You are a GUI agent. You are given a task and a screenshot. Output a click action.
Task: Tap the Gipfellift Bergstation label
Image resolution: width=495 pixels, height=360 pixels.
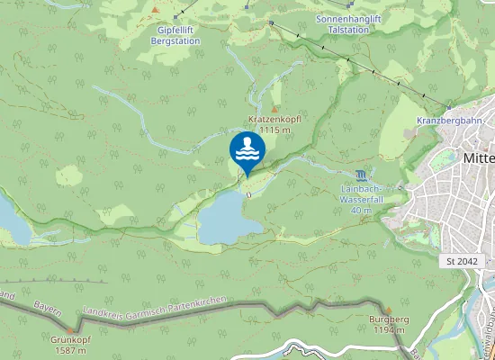click(x=173, y=35)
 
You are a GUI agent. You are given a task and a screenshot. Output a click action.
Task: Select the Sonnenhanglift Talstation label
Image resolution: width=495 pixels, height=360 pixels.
click(x=343, y=24)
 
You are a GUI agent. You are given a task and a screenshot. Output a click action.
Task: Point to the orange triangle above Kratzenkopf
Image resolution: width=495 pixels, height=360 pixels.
click(x=274, y=109)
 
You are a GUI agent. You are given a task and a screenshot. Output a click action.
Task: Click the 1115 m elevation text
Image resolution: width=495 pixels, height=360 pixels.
click(x=274, y=130)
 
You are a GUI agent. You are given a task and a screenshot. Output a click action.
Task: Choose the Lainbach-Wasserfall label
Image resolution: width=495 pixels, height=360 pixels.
click(x=361, y=194)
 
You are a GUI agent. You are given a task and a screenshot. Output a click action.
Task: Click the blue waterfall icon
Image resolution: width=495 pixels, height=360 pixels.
click(x=361, y=174)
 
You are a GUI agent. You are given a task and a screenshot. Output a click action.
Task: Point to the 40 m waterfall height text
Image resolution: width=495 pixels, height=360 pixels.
click(x=361, y=210)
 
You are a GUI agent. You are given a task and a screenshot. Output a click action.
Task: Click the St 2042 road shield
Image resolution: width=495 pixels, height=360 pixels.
click(x=462, y=260)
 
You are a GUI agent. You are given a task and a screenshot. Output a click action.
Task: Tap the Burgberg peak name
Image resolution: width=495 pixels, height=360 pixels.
click(x=389, y=319)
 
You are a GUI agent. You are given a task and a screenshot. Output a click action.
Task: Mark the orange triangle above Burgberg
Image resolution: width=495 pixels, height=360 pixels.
click(x=389, y=309)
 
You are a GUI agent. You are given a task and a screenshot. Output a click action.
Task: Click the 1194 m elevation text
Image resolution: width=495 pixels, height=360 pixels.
click(x=389, y=330)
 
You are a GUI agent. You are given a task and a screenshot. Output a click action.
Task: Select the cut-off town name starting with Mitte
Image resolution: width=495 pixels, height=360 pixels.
click(x=478, y=157)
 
